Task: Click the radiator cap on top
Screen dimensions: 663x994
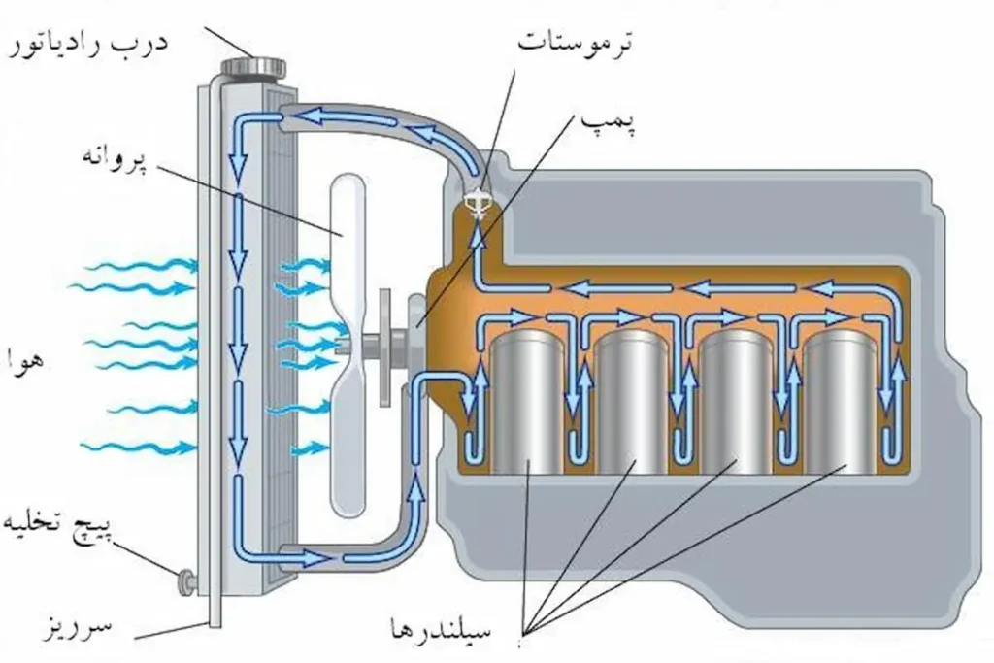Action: pos(251,67)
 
